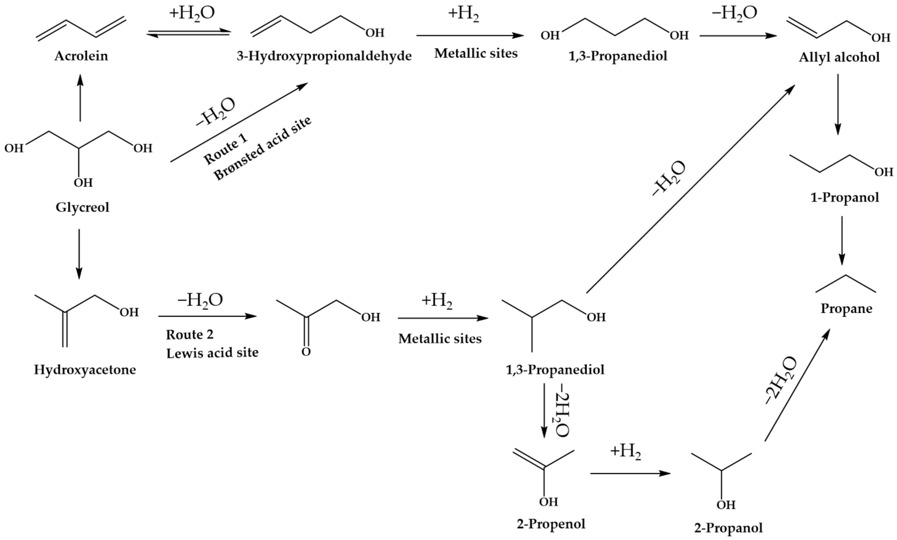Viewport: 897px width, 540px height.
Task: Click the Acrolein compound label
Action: [81, 56]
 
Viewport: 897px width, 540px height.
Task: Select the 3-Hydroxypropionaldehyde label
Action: [324, 56]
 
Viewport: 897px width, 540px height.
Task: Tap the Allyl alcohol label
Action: [839, 57]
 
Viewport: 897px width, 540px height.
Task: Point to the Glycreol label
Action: [82, 207]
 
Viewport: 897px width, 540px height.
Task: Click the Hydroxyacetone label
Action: [85, 370]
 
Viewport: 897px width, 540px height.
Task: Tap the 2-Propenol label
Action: [551, 524]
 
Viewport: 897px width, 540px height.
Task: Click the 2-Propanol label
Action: [728, 528]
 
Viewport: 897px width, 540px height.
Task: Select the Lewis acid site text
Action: [212, 353]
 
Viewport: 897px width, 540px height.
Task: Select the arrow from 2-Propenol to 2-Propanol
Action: [630, 473]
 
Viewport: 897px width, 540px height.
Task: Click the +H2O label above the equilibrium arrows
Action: [192, 14]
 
